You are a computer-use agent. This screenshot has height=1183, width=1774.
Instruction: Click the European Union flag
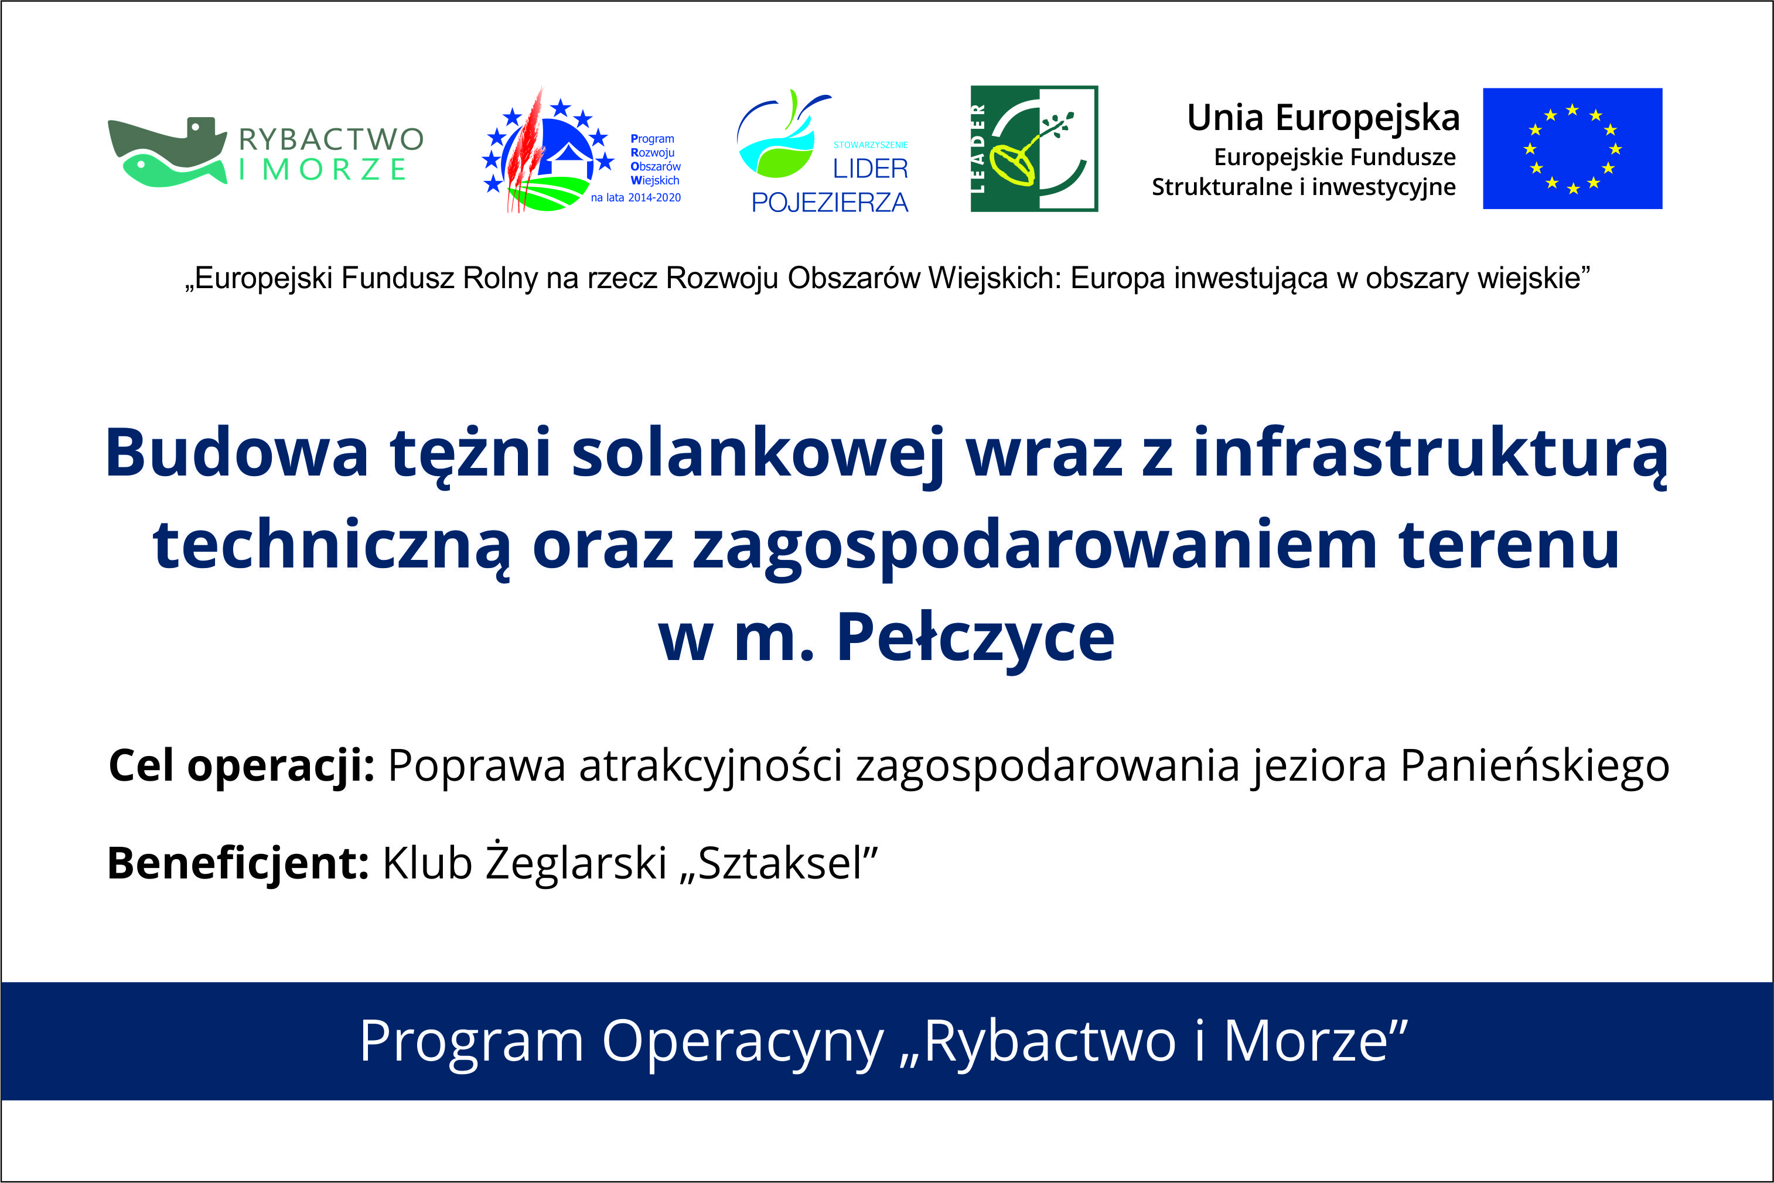pos(1572,149)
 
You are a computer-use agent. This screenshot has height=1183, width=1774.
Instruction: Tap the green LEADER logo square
pos(1034,149)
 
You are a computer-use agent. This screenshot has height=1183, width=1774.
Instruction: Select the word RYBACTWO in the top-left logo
pos(331,139)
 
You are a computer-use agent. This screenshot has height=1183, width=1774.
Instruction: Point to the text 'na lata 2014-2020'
pos(635,198)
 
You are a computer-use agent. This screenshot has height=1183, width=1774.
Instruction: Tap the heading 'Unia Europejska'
pos(1323,118)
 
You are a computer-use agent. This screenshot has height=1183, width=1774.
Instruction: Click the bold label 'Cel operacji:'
pos(241,767)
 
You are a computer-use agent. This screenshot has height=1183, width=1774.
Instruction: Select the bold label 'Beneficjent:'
pos(238,863)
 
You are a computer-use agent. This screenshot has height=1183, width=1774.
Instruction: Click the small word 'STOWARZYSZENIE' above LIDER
pos(871,145)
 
